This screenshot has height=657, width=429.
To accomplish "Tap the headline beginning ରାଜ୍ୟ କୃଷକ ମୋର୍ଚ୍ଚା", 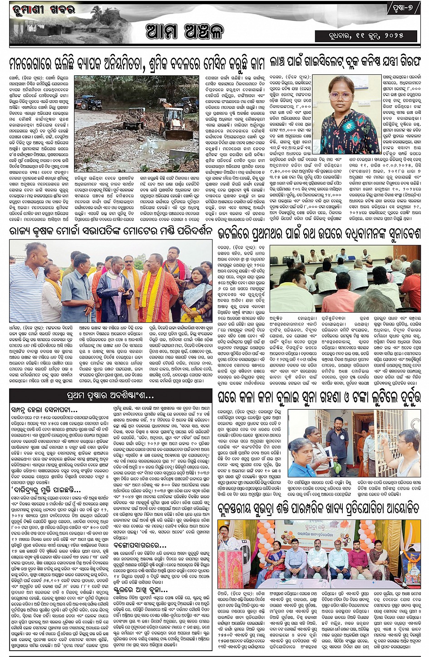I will point(111,231).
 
